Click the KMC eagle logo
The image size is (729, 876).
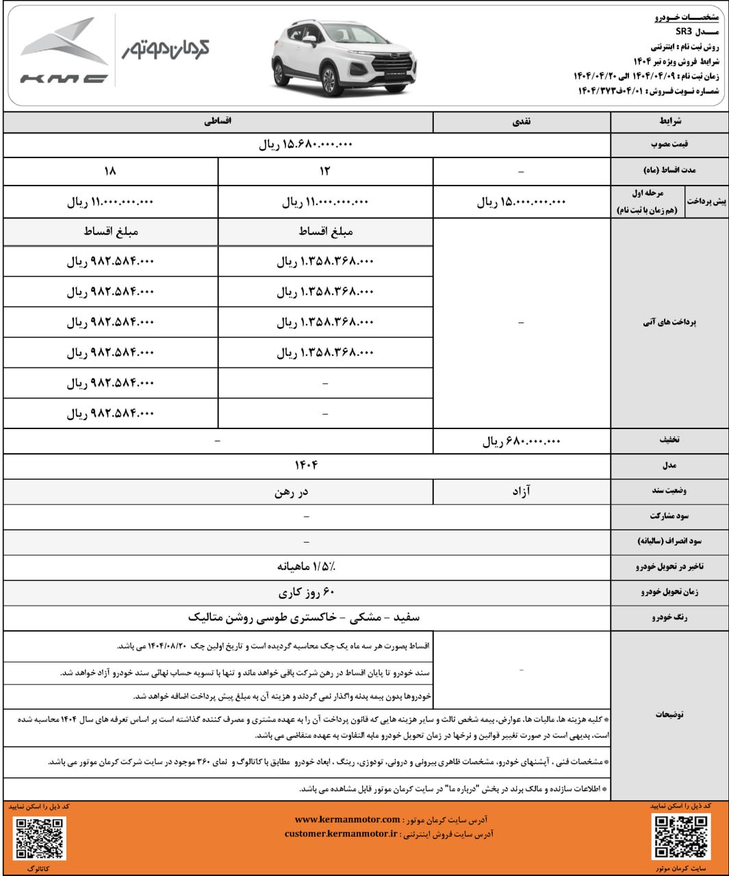(x=64, y=51)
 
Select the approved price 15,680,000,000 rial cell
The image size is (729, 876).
(x=306, y=144)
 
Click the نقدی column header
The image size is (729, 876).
(x=522, y=121)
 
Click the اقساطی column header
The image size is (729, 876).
(x=218, y=121)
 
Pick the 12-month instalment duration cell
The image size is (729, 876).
(x=325, y=171)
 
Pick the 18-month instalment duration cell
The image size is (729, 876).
(x=110, y=171)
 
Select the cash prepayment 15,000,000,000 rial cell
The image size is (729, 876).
(x=522, y=202)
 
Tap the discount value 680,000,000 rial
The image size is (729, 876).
(x=522, y=441)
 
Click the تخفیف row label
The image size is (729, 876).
(x=669, y=440)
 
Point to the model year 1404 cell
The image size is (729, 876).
(x=306, y=465)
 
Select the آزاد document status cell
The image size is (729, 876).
(x=522, y=491)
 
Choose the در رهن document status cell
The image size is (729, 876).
(x=292, y=491)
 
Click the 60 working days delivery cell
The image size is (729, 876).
(x=306, y=592)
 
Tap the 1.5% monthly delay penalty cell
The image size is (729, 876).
(x=306, y=567)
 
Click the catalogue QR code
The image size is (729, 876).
(x=40, y=838)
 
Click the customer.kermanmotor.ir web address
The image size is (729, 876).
(x=340, y=834)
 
